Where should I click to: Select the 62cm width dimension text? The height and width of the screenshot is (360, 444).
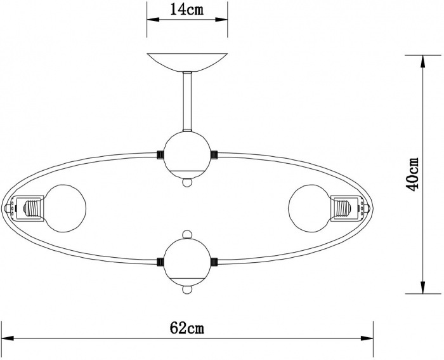click(x=187, y=328)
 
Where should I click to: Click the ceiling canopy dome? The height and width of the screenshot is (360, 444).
click(x=187, y=62)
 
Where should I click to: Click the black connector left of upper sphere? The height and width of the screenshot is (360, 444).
click(x=159, y=154)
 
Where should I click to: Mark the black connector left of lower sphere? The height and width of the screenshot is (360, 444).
click(x=159, y=260)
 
